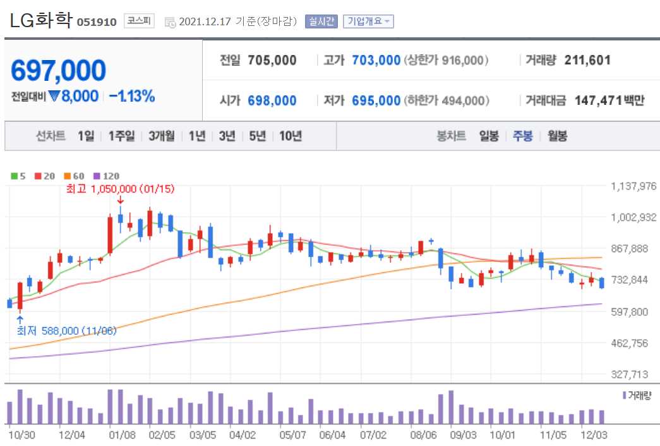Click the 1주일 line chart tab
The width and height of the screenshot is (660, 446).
(x=121, y=136)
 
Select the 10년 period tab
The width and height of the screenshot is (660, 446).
(x=290, y=136)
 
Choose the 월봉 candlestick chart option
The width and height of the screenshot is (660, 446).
(x=557, y=136)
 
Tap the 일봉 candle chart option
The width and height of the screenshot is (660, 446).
(x=489, y=136)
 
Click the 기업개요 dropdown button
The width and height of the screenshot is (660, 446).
(x=368, y=21)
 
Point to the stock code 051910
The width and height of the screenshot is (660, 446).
(x=97, y=22)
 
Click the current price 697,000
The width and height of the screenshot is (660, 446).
(x=59, y=71)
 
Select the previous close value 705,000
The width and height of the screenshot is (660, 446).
(x=272, y=60)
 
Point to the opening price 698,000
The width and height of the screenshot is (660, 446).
(x=272, y=100)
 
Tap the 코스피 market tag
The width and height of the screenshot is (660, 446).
(x=138, y=21)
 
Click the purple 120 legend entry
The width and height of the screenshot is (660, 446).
(x=106, y=176)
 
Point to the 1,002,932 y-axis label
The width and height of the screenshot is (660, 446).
(x=633, y=217)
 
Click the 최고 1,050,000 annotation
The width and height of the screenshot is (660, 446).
(x=120, y=188)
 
